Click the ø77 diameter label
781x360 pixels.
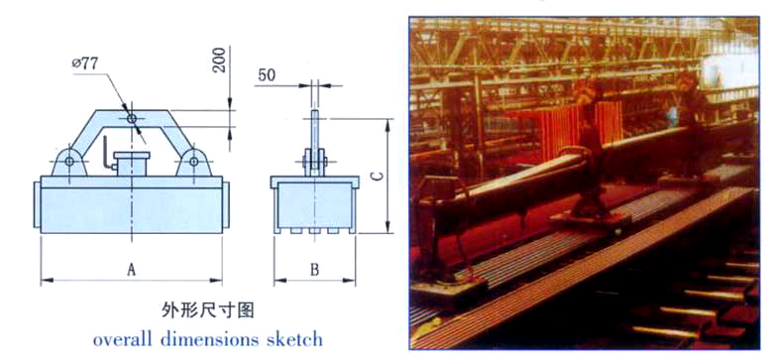pos(85,63)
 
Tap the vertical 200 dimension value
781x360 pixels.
pos(219,60)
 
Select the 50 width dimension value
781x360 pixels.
pos(267,74)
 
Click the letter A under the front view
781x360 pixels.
pos(131,270)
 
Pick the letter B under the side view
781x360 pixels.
pos(314,270)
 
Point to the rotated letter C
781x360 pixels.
pos(378,176)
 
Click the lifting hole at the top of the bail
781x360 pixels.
pos(132,119)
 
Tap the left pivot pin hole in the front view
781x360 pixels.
pos(69,161)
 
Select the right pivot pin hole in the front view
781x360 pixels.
pos(193,161)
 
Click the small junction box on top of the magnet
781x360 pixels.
pos(131,164)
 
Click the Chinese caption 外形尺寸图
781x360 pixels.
pos(208,310)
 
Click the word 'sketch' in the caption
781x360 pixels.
pos(297,339)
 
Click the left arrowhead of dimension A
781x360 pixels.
pos(47,281)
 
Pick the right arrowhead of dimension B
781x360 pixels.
pos(350,281)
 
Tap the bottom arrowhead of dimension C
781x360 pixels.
pos(388,227)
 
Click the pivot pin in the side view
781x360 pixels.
pos(314,161)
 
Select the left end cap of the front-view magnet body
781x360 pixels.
pos(37,204)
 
